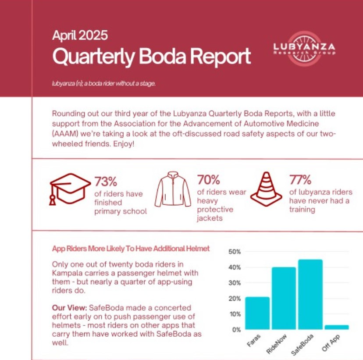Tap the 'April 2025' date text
80,35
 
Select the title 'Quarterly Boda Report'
151,56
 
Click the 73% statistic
106,181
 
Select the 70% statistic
208,180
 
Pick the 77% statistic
300,180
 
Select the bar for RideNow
283,298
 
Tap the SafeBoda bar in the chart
310,294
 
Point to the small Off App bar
336,327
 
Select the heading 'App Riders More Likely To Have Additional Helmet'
131,249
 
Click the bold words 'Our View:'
66,308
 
